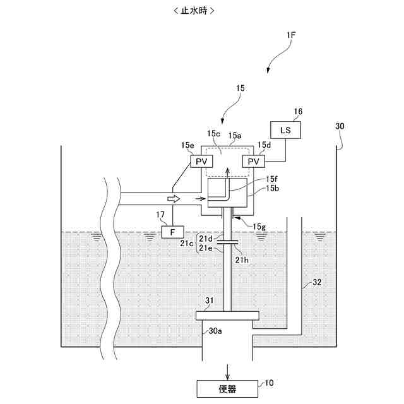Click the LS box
pyautogui.click(x=286, y=130)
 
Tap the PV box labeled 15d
pyautogui.click(x=253, y=162)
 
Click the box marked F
pyautogui.click(x=172, y=232)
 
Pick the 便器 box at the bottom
pyautogui.click(x=228, y=389)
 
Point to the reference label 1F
pyautogui.click(x=290, y=36)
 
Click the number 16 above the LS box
pyautogui.click(x=297, y=112)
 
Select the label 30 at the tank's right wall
pyautogui.click(x=340, y=126)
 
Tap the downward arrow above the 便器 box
pyautogui.click(x=228, y=369)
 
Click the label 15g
pyautogui.click(x=259, y=226)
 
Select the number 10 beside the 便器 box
pyautogui.click(x=269, y=383)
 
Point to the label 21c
pyautogui.click(x=186, y=243)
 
